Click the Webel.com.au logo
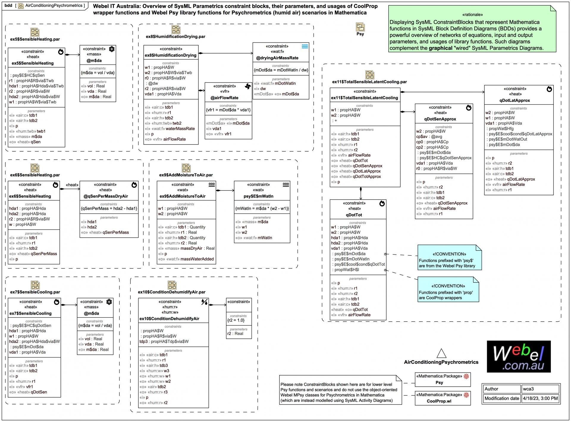519,357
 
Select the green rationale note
472,29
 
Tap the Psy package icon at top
360,27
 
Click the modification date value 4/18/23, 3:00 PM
540,398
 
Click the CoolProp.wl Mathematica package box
443,398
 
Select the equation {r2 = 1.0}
236,320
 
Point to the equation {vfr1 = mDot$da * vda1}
228,110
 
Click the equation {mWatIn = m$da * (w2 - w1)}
262,208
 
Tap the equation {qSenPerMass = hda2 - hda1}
109,208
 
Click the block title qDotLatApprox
519,101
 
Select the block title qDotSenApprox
444,119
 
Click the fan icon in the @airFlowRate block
247,87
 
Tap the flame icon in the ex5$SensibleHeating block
61,52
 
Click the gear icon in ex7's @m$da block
109,302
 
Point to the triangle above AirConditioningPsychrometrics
441,353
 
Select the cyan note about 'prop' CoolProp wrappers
448,289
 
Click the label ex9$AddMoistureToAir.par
186,175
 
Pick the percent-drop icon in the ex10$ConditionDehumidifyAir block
204,302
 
